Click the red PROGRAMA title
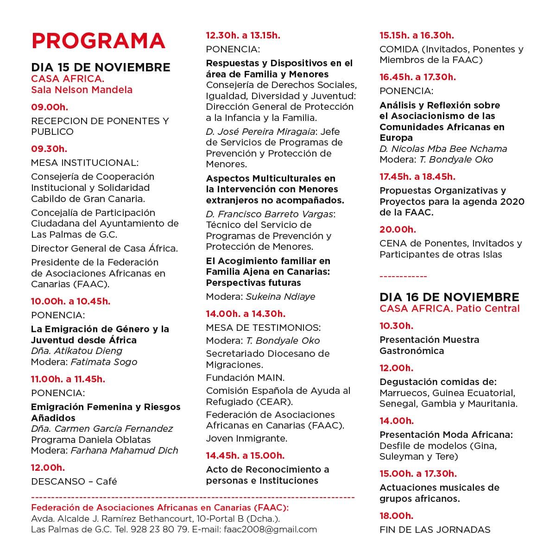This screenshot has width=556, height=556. (98, 40)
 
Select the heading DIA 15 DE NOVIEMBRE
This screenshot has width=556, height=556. (101, 67)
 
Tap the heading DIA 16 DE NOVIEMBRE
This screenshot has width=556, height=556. (449, 297)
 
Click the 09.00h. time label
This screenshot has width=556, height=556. (50, 107)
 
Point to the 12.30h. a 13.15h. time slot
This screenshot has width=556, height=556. (243, 35)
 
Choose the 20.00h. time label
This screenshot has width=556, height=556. (398, 229)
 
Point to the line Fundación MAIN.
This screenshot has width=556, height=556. (246, 378)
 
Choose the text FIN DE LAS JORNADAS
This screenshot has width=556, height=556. (435, 530)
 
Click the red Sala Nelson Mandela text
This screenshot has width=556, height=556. (82, 90)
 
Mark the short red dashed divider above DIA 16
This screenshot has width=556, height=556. (403, 277)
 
